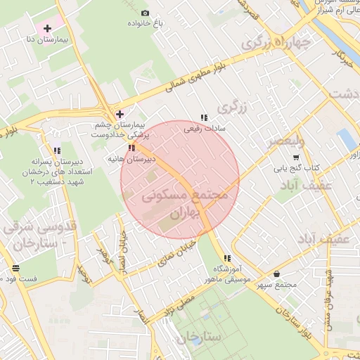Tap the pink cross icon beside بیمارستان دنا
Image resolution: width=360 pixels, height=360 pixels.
click(47, 29)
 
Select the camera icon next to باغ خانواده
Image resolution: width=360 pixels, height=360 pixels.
click(146, 13)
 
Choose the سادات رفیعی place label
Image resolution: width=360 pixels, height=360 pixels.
click(203, 129)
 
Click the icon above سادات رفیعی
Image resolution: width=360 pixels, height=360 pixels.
click(203, 117)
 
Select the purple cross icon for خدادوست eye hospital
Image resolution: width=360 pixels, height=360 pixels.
click(120, 114)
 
